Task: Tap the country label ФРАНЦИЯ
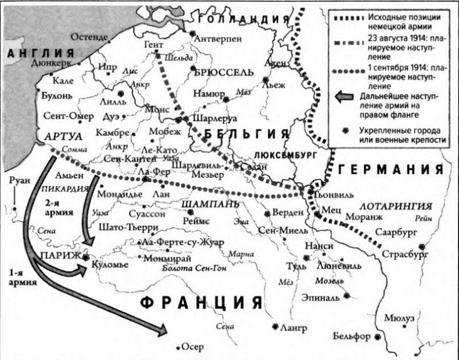[x=200, y=304]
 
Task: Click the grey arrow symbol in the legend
[x=343, y=97]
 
